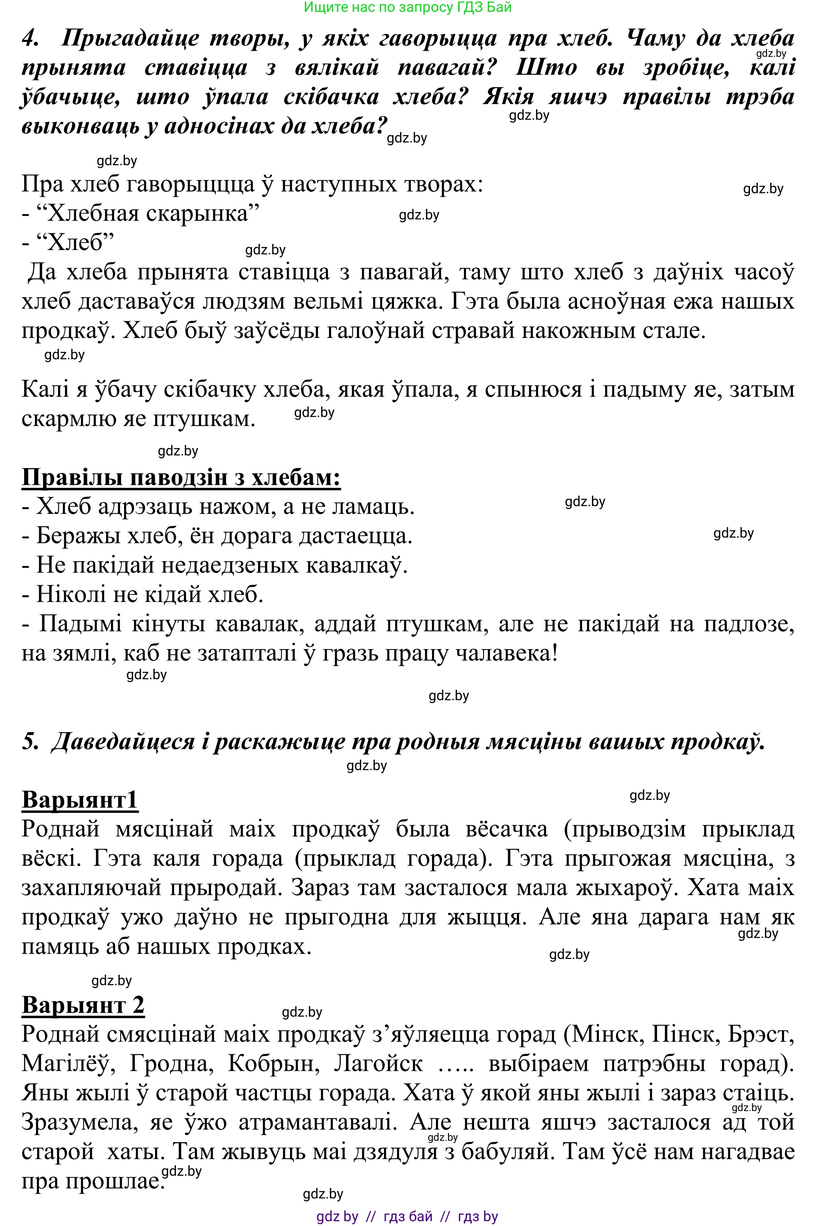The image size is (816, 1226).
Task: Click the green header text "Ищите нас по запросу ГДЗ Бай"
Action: click(x=408, y=7)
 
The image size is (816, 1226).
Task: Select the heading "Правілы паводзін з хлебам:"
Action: click(x=181, y=477)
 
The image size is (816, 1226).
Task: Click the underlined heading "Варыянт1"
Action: click(x=80, y=800)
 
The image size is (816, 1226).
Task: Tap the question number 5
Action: click(x=30, y=741)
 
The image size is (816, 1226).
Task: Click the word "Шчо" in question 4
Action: click(x=546, y=68)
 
